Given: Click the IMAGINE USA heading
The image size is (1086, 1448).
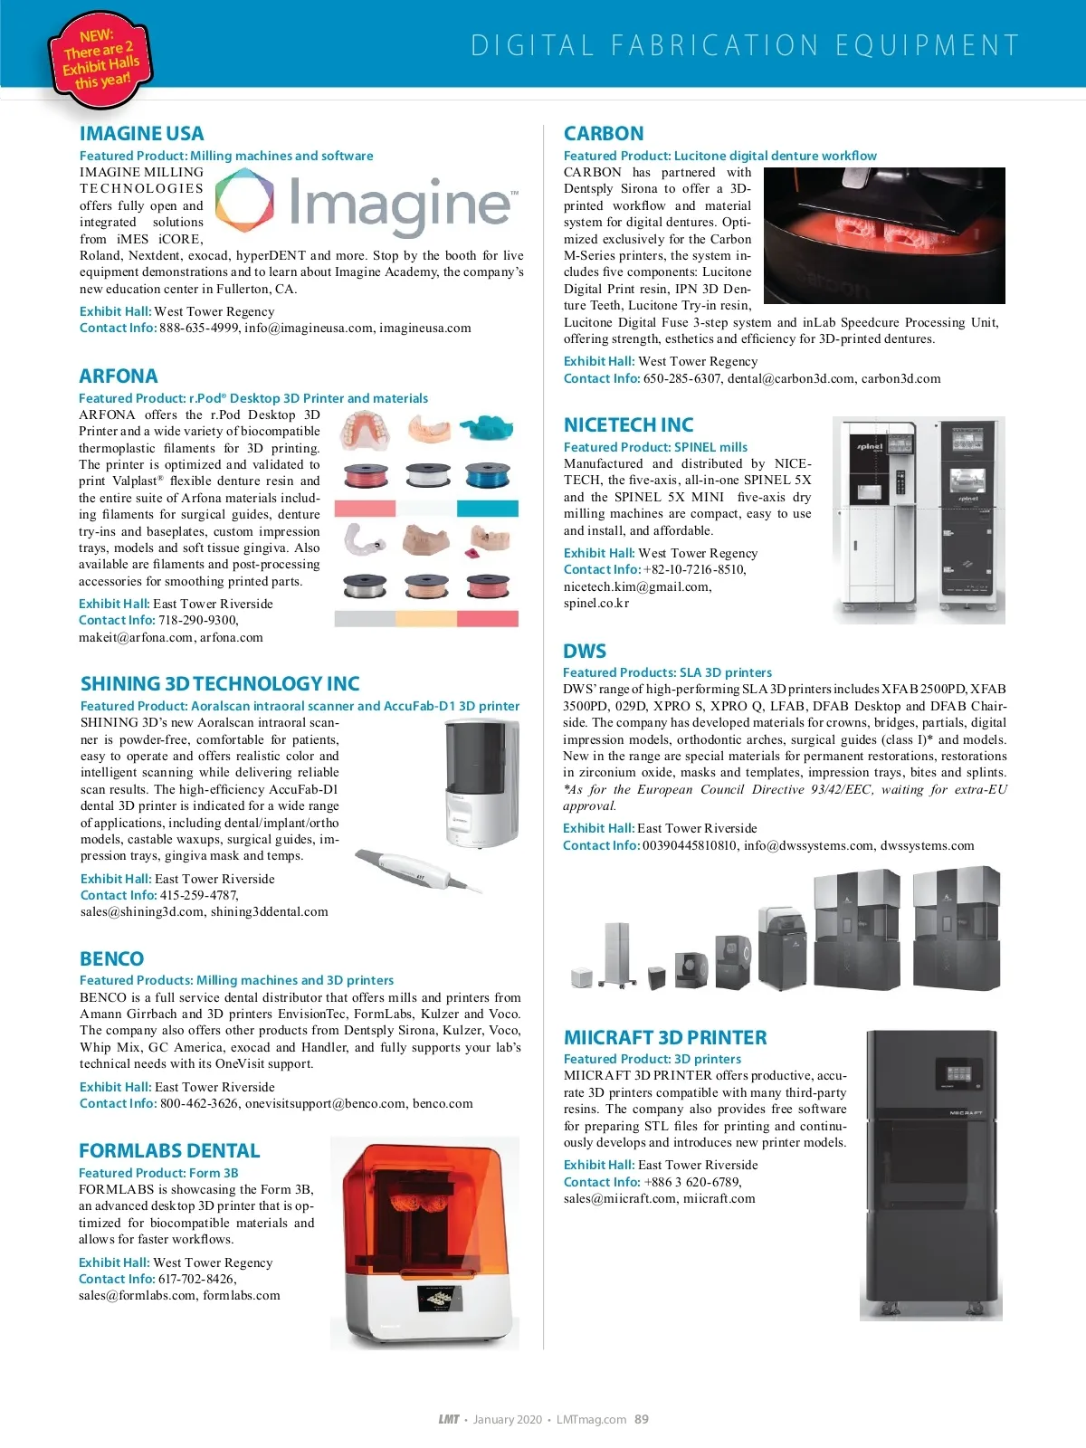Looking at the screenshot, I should [x=141, y=134].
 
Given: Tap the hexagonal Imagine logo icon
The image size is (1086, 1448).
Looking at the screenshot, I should [x=244, y=201].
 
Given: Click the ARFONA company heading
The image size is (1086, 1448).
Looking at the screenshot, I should [x=118, y=376].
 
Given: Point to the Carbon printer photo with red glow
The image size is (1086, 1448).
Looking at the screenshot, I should [x=884, y=235].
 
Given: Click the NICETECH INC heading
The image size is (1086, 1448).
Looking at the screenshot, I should [x=628, y=425].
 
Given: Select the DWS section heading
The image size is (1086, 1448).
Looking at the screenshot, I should [x=585, y=652].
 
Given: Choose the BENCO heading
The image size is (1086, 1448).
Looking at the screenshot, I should [x=111, y=959].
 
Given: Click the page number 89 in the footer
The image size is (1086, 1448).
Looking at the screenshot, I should [x=642, y=1419].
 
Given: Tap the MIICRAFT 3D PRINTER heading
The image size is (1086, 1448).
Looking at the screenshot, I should [x=665, y=1038].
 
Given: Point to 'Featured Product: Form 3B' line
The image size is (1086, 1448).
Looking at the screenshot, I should [x=158, y=1173].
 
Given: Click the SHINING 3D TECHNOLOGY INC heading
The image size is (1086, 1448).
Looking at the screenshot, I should [x=220, y=684].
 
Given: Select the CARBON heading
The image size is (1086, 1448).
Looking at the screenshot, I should [x=604, y=134].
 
